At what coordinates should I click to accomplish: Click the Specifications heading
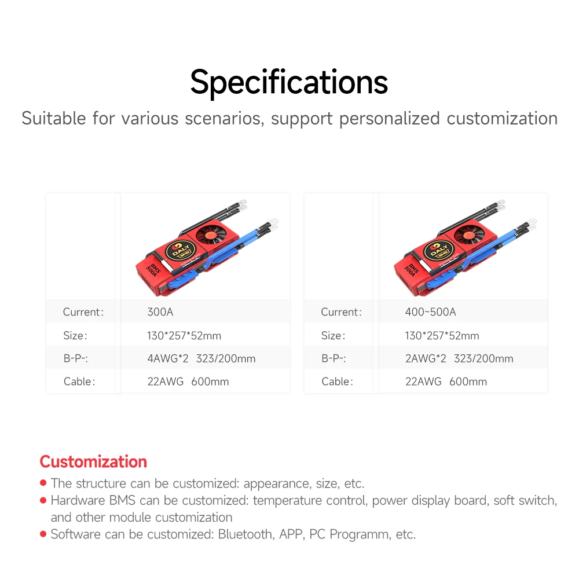(x=289, y=83)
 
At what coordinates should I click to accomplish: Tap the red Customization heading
(x=93, y=461)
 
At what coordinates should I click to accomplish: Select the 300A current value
(x=160, y=312)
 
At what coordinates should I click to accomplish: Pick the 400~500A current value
(x=431, y=312)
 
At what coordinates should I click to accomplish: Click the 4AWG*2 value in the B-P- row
(x=168, y=358)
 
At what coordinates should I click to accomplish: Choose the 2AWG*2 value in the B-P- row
(x=426, y=358)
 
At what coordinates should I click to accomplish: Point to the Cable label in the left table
(x=79, y=382)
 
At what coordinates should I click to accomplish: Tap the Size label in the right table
(x=334, y=336)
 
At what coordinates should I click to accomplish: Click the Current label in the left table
(x=83, y=312)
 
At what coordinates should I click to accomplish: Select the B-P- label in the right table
(x=334, y=358)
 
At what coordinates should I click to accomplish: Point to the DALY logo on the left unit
(x=180, y=251)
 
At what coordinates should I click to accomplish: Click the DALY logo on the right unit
(x=438, y=251)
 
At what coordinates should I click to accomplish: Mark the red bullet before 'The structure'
(x=43, y=483)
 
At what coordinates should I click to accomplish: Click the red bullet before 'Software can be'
(x=43, y=534)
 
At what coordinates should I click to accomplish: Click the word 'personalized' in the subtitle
(x=390, y=119)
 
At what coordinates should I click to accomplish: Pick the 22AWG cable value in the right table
(x=423, y=382)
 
